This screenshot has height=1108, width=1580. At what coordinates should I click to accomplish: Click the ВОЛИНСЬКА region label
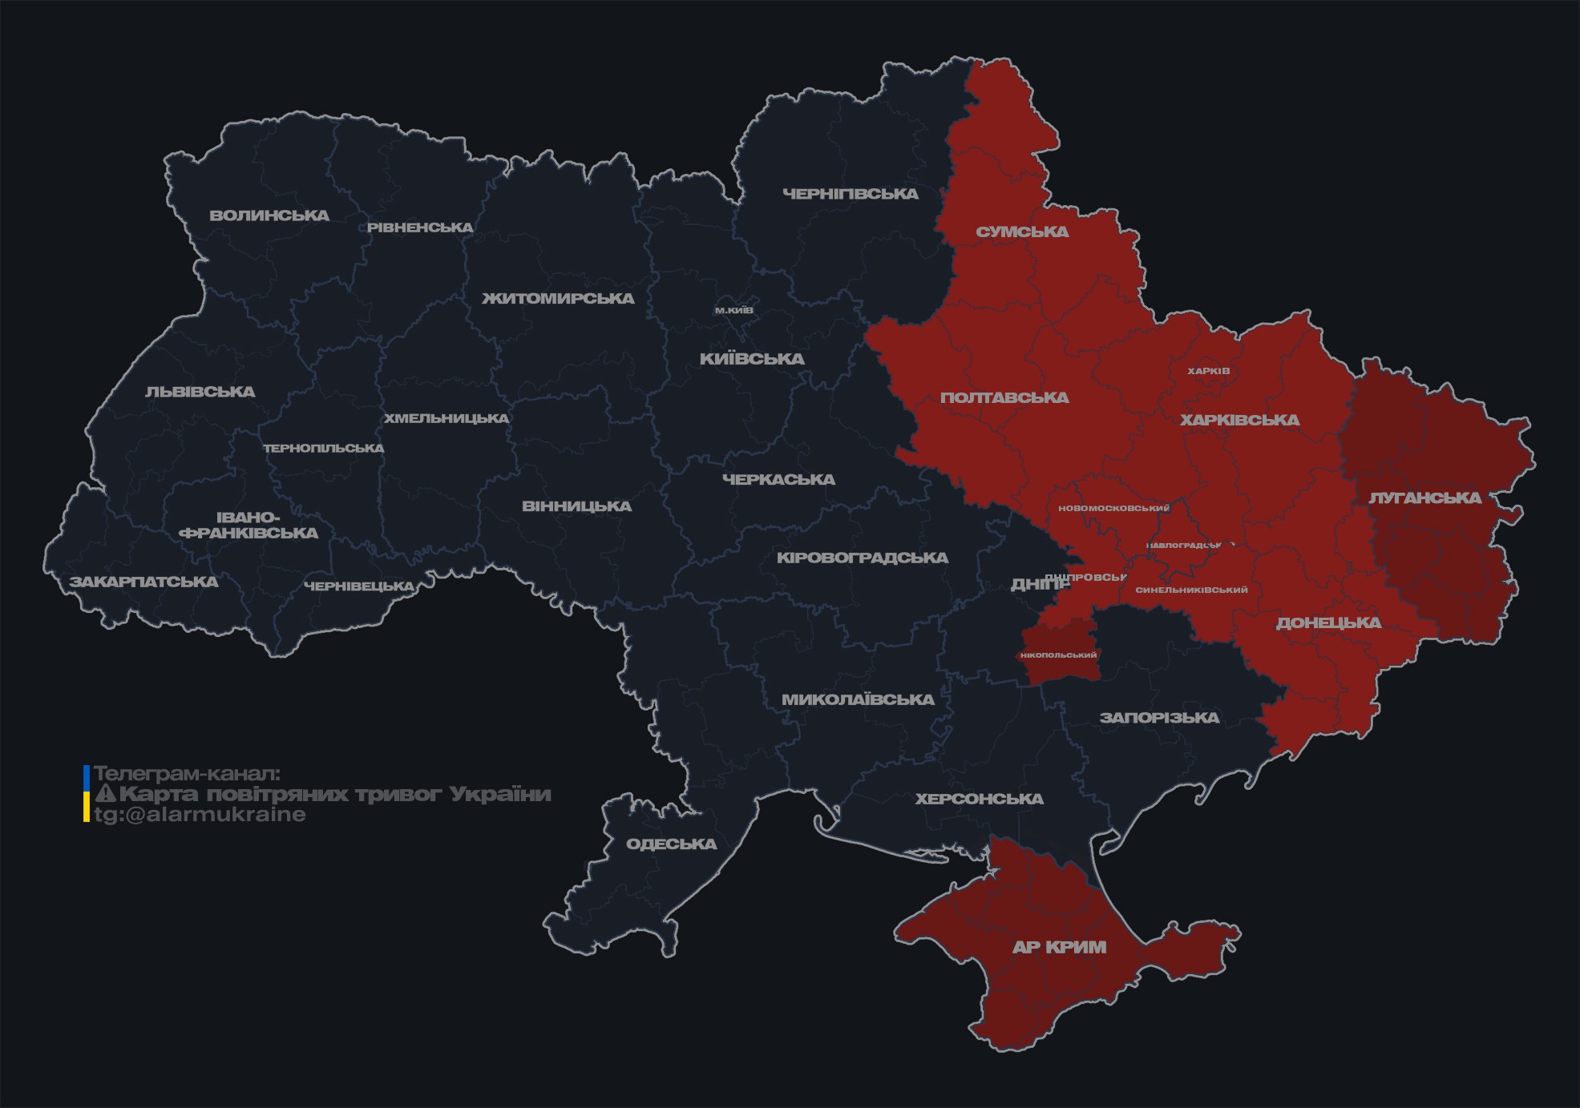pyautogui.click(x=269, y=216)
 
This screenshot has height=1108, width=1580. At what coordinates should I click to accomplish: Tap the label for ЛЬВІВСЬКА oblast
pyautogui.click(x=200, y=392)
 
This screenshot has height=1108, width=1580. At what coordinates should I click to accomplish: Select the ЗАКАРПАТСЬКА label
pyautogui.click(x=143, y=582)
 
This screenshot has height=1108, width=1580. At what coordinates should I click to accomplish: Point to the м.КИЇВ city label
pyautogui.click(x=734, y=310)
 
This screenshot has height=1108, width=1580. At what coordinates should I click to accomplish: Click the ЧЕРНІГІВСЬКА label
pyautogui.click(x=851, y=194)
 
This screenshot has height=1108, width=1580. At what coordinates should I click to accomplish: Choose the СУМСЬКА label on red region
pyautogui.click(x=1022, y=232)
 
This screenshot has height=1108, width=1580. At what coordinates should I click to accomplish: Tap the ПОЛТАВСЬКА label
pyautogui.click(x=1004, y=398)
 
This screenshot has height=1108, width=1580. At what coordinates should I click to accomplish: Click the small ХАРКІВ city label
pyautogui.click(x=1208, y=371)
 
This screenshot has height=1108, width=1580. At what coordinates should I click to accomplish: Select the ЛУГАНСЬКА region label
pyautogui.click(x=1424, y=498)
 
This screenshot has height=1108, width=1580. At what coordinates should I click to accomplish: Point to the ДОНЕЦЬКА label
pyautogui.click(x=1328, y=623)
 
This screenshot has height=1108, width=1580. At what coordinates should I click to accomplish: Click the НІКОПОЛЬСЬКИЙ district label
pyautogui.click(x=1058, y=655)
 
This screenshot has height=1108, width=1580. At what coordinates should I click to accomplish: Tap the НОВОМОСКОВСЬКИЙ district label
pyautogui.click(x=1113, y=508)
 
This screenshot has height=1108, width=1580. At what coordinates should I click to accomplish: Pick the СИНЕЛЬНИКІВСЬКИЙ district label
pyautogui.click(x=1191, y=590)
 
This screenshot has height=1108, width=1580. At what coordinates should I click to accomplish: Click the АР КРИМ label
pyautogui.click(x=1059, y=947)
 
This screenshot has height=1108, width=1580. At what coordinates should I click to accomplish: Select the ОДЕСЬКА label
pyautogui.click(x=671, y=844)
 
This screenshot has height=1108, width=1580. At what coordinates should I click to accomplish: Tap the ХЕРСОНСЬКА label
pyautogui.click(x=979, y=800)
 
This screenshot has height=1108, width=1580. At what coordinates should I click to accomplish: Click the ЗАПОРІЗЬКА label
pyautogui.click(x=1159, y=718)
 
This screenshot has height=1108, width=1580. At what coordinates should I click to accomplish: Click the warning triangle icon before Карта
pyautogui.click(x=105, y=794)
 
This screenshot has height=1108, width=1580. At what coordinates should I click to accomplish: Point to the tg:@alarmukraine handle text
pyautogui.click(x=200, y=815)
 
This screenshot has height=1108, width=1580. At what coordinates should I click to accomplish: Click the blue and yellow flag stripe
pyautogui.click(x=87, y=793)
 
